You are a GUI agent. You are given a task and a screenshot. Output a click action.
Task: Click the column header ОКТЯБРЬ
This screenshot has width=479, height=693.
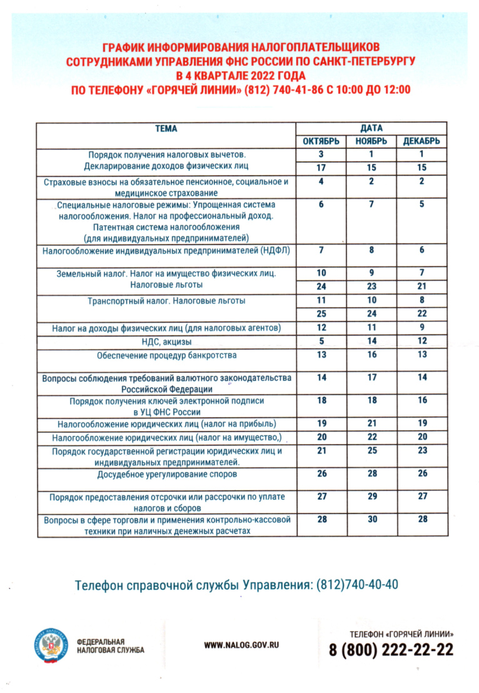[321, 141]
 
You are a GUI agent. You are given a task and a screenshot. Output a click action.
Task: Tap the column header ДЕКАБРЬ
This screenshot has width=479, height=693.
[422, 141]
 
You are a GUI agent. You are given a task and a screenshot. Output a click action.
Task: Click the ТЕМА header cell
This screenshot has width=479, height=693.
[166, 129]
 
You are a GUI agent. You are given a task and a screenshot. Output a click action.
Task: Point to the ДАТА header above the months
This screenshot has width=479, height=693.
[371, 128]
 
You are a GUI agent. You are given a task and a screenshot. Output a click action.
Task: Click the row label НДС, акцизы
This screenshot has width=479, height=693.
[166, 342]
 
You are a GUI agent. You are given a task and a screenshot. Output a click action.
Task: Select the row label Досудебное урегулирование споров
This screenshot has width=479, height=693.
[166, 475]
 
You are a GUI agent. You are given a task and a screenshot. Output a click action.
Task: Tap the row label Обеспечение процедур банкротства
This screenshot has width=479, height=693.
[166, 356]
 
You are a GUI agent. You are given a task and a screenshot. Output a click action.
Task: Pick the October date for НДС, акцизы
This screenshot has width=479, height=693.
[321, 341]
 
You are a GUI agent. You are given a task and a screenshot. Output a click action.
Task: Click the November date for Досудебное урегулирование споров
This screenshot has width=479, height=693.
[371, 474]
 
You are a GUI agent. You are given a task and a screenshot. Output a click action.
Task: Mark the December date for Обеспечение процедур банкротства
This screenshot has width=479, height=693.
[422, 355]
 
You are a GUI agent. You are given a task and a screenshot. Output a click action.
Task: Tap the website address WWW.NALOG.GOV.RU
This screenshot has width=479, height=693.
[241, 645]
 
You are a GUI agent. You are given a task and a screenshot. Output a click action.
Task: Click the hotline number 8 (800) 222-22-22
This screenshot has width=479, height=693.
[391, 650]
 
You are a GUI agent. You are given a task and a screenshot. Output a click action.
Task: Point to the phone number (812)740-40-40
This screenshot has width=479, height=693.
[357, 585]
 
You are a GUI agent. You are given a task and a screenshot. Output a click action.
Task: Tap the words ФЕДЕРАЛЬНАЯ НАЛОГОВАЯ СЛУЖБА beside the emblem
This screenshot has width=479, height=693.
[110, 645]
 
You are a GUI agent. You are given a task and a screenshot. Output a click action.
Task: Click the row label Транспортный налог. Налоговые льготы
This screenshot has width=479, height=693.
[166, 301]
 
